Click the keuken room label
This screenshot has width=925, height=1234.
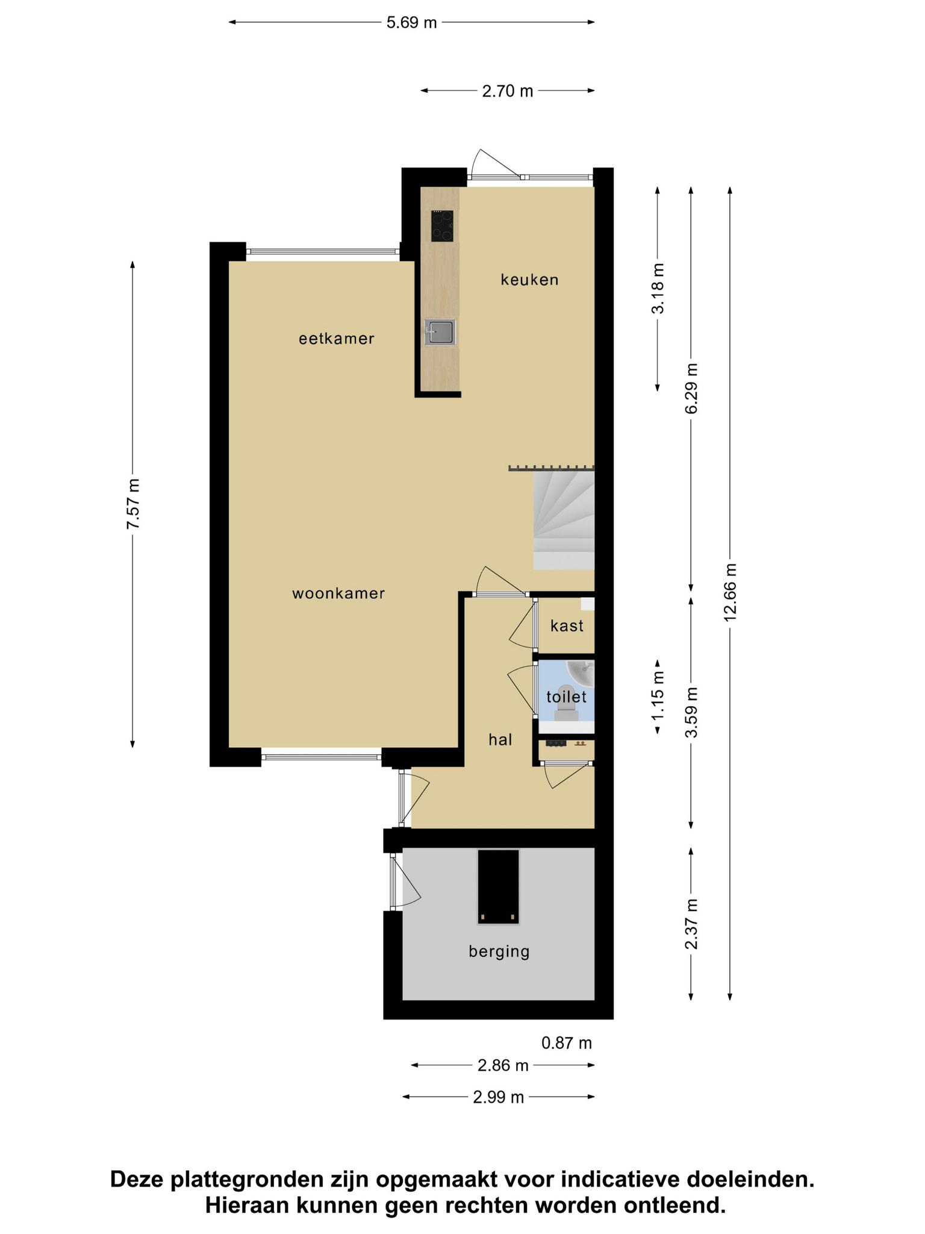[530, 280]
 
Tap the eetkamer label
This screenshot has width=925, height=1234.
[337, 339]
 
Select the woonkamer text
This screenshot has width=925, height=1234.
[338, 594]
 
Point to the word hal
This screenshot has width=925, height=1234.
[500, 739]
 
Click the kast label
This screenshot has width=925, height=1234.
[567, 625]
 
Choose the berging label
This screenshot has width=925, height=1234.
[499, 951]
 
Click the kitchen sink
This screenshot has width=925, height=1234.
[440, 332]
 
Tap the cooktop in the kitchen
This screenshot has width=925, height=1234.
[442, 225]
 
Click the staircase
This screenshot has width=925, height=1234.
[564, 520]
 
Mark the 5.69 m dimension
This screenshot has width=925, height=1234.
[411, 23]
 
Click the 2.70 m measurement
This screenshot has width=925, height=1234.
[508, 91]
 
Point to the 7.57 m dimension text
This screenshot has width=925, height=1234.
[133, 504]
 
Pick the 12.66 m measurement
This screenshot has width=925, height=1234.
[730, 592]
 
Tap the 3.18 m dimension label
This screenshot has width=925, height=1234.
[658, 289]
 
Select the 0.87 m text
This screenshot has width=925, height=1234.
[567, 1043]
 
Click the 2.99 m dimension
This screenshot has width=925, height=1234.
[499, 1097]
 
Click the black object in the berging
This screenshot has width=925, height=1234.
[498, 887]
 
